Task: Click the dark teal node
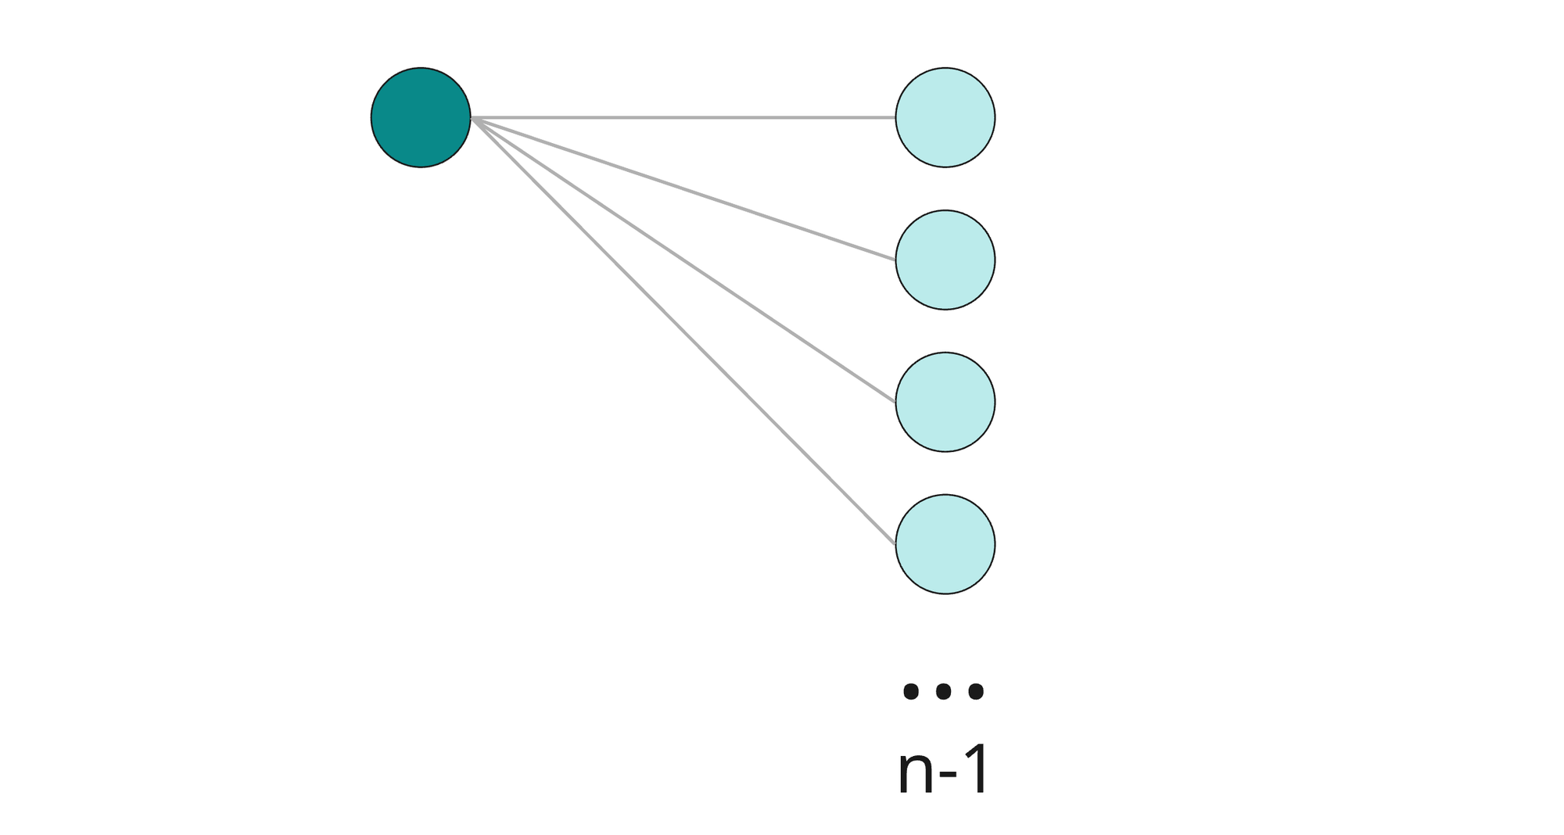tap(421, 117)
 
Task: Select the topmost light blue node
tap(945, 117)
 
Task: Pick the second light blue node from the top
tap(945, 260)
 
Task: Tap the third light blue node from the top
tap(945, 402)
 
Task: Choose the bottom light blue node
tap(945, 544)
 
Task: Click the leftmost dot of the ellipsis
tap(910, 691)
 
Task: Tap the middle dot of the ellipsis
tap(943, 691)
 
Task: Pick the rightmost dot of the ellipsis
tap(976, 691)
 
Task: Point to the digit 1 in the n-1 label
tap(975, 770)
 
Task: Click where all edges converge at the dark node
tap(472, 118)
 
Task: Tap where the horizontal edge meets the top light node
tap(895, 117)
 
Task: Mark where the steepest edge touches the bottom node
tap(896, 543)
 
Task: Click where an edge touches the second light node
tap(896, 260)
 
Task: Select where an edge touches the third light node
tap(896, 402)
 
